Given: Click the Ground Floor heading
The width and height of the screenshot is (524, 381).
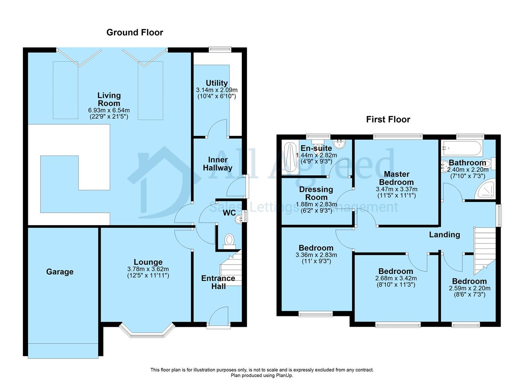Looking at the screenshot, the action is (135, 32).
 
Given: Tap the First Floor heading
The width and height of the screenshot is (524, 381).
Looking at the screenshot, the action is (388, 119).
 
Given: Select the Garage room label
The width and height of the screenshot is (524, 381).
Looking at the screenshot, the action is (60, 272).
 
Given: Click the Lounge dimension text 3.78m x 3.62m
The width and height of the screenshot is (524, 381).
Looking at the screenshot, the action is (148, 269).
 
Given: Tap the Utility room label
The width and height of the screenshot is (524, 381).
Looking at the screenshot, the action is (217, 83).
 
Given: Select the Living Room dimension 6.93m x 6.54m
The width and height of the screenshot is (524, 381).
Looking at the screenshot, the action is (109, 110).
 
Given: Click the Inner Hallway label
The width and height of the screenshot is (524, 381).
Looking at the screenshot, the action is (217, 164).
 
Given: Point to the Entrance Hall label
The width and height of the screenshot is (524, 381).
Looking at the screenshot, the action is (218, 282).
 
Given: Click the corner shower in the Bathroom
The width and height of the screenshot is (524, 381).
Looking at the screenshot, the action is (485, 188).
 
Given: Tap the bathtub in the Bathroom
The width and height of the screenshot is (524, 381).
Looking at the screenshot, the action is (461, 148).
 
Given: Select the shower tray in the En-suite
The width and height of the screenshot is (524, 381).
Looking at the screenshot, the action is (290, 158).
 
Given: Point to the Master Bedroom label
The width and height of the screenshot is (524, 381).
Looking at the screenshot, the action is (397, 178).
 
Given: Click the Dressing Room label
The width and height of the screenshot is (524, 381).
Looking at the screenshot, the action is (316, 193).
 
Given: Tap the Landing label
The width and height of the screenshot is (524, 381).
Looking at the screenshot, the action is (445, 234).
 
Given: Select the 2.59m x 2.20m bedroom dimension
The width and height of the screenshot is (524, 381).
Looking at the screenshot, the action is (470, 289).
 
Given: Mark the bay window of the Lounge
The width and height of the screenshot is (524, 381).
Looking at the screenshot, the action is (147, 331).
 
